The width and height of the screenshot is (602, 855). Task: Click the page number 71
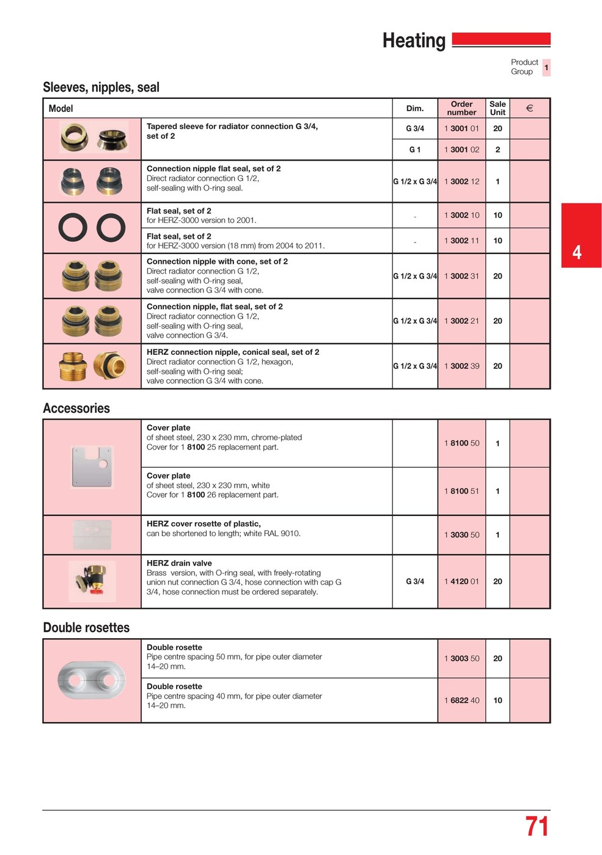point(537,826)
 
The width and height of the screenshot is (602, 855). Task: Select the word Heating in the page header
point(414,41)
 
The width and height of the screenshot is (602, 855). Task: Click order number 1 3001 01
point(461,128)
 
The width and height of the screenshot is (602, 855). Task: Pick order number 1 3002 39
point(461,366)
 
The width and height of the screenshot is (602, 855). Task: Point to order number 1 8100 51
point(461,491)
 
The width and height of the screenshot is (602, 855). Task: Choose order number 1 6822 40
point(461,700)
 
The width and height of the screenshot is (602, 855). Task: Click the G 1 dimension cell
point(415,150)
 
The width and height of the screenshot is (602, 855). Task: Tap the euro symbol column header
point(529,108)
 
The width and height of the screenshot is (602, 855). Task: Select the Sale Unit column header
point(497,108)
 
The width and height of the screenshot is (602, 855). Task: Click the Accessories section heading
point(76,409)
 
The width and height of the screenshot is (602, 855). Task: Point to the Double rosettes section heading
point(86,628)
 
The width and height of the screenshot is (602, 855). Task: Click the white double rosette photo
point(92,680)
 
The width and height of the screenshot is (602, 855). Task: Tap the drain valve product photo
point(92,581)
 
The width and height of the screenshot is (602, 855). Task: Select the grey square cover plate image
point(92,467)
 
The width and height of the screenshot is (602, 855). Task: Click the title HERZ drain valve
point(179,563)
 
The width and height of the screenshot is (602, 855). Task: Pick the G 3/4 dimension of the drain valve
point(415,581)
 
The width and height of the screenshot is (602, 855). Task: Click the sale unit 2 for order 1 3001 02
point(497,150)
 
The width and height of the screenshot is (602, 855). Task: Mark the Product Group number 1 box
point(546,67)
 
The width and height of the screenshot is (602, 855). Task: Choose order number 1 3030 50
point(461,535)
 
